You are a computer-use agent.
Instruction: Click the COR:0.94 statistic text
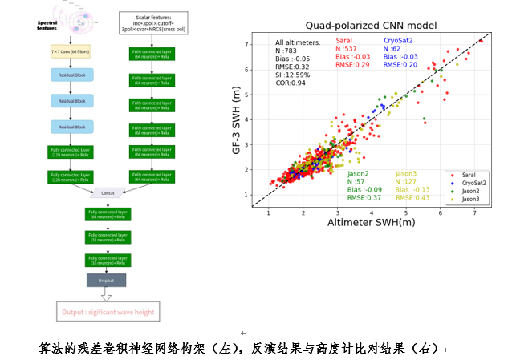pos(291,83)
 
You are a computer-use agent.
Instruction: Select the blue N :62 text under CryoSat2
pos(395,48)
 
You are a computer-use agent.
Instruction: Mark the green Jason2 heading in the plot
pos(358,173)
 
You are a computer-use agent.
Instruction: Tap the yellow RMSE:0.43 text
pos(412,197)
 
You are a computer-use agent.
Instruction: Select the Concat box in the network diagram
pos(108,193)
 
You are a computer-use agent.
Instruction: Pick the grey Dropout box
pos(108,280)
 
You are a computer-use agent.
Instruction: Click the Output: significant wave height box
pos(108,312)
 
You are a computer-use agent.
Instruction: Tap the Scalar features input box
pos(152,21)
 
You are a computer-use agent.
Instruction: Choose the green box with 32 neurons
pos(108,237)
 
